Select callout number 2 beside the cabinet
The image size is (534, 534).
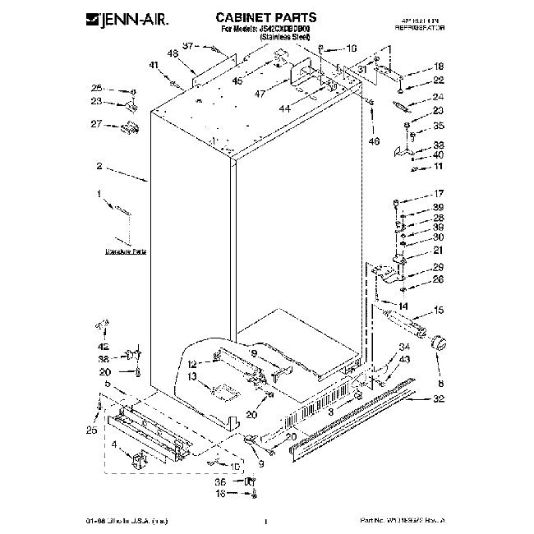[99, 167]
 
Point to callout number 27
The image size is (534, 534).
[96, 125]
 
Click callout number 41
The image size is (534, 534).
[154, 65]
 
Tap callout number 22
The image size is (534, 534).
[439, 80]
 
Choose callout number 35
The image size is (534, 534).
[439, 126]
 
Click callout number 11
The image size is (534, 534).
[439, 167]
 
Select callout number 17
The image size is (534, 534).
[439, 194]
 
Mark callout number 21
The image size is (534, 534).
[439, 251]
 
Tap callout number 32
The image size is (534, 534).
[439, 399]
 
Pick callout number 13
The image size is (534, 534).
[192, 377]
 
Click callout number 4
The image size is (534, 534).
[114, 446]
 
